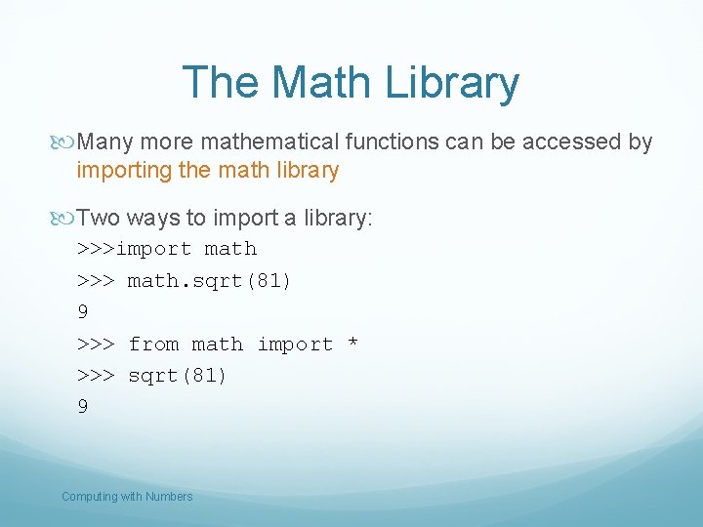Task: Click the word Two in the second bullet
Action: (x=98, y=219)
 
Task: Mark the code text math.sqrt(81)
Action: (x=209, y=281)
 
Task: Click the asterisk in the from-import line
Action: (x=352, y=345)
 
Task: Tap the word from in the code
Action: (x=154, y=344)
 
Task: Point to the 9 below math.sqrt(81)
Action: (x=83, y=312)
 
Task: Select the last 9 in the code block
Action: (x=83, y=407)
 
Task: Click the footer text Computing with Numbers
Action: (x=127, y=497)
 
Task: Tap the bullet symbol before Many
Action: (x=66, y=142)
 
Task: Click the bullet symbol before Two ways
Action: (x=66, y=219)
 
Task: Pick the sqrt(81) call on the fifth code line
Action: (x=177, y=376)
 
